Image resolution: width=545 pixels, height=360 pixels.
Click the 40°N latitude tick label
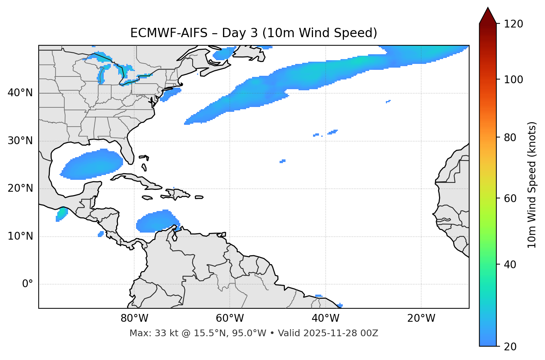[x=20, y=93]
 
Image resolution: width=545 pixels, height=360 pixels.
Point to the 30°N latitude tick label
[x=20, y=141]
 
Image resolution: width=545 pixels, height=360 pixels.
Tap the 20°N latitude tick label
[x=20, y=188]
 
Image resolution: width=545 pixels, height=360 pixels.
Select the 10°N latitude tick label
[x=20, y=236]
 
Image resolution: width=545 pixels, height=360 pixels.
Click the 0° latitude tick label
[x=28, y=284]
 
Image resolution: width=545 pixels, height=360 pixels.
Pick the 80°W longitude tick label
[x=134, y=318]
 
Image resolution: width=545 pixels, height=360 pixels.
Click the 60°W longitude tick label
[x=230, y=318]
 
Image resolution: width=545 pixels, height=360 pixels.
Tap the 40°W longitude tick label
[x=326, y=318]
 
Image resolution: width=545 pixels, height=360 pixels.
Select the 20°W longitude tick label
[x=421, y=318]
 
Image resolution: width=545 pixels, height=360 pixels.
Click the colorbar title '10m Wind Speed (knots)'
[x=532, y=185]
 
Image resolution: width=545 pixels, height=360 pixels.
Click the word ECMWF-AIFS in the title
[x=168, y=33]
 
